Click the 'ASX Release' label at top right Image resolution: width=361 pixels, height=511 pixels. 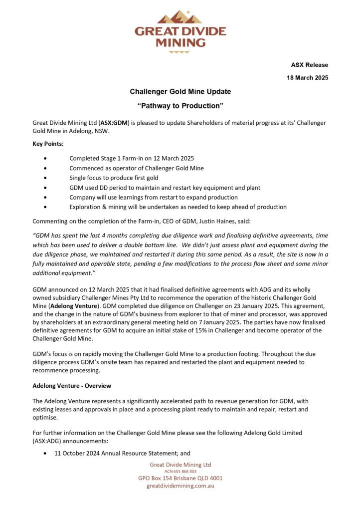(x=310, y=65)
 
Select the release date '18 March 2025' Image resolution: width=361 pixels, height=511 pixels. (x=307, y=78)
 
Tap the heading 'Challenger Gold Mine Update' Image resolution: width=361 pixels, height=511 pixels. (x=180, y=92)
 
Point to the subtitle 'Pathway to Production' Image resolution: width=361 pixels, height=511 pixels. (x=180, y=106)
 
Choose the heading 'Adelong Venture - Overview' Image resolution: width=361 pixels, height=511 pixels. (x=71, y=386)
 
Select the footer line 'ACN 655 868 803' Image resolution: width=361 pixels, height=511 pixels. (x=180, y=471)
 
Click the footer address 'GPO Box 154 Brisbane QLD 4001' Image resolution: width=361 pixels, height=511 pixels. (x=180, y=478)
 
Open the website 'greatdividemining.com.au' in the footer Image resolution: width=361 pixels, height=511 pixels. (x=180, y=486)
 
